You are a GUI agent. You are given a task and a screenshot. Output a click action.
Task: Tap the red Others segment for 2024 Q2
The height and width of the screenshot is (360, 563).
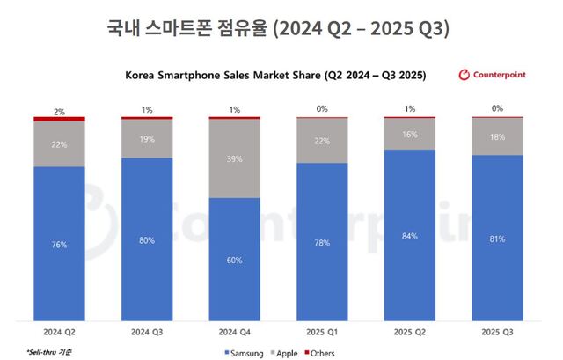[59, 118]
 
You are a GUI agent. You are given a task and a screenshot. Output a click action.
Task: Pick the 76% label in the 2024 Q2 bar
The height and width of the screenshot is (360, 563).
[59, 245]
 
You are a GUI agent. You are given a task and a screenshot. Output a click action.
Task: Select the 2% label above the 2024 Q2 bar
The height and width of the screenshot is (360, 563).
[59, 111]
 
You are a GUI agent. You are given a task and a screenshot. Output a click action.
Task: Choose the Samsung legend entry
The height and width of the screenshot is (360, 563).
[244, 353]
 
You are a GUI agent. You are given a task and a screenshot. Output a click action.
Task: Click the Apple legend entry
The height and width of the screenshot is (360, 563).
[284, 353]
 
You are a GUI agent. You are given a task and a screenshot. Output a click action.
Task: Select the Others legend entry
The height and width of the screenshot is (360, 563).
[319, 353]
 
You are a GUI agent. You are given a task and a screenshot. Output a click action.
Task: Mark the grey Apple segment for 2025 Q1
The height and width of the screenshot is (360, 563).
[323, 141]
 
